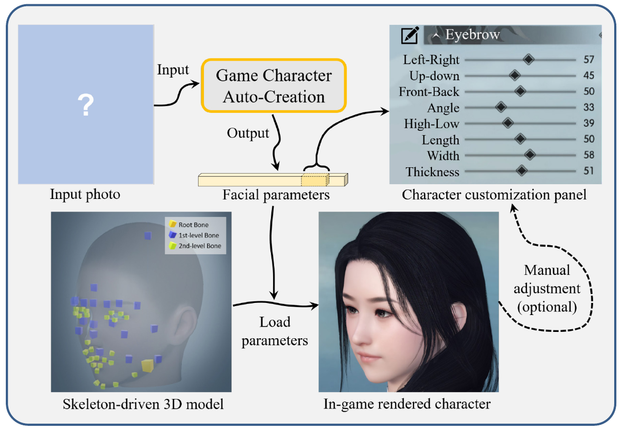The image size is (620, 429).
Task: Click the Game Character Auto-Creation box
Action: pos(274,86)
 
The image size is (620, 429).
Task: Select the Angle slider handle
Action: pos(501,108)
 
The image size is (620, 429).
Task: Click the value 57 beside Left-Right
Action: pos(589,60)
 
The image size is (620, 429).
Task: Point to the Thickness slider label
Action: pos(433,172)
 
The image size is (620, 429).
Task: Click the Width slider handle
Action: pos(530,155)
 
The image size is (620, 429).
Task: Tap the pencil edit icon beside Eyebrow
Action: pos(410,36)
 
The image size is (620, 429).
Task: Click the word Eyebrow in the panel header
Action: pos(472,35)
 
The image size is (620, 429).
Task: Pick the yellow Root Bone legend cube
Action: pos(171,225)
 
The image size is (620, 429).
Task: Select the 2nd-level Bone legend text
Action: pos(200,246)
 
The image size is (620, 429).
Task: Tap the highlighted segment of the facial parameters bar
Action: pos(315,180)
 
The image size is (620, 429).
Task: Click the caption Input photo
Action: pos(85,195)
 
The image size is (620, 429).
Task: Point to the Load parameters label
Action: pos(275,331)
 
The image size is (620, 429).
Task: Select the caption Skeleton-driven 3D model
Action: pos(143,405)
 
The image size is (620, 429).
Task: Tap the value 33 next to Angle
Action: pos(589,108)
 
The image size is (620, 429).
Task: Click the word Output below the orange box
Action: pos(248,134)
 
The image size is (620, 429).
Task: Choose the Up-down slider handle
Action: pos(515,75)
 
